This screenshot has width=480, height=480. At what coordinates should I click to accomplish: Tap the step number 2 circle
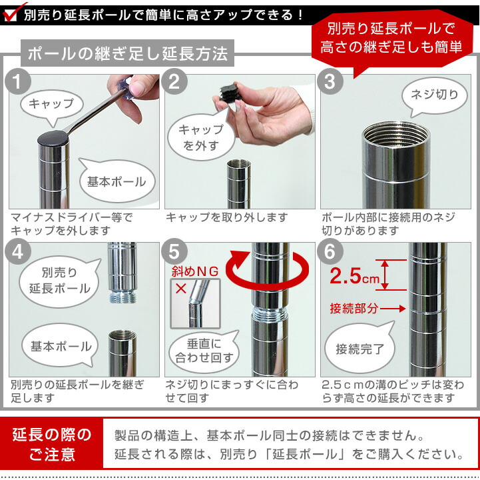[x=175, y=83]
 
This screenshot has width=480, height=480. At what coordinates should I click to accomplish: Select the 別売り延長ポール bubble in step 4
[x=59, y=281]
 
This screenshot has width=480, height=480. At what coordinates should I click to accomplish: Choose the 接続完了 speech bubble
[x=360, y=349]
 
